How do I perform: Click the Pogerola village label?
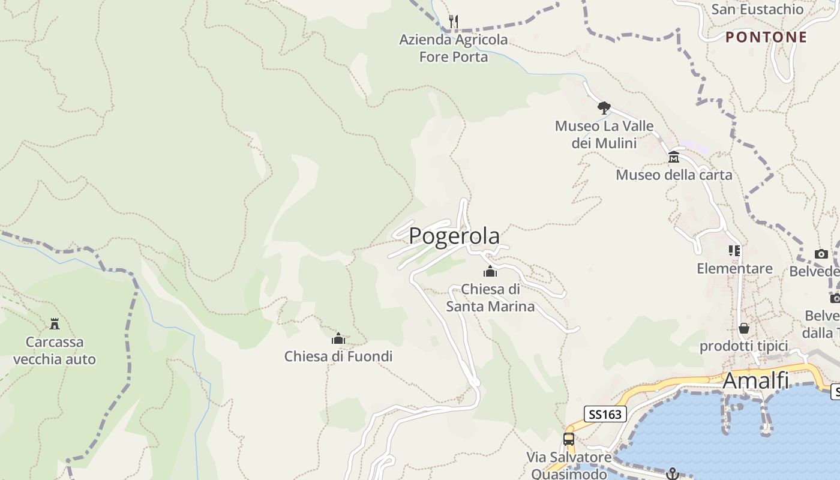454,236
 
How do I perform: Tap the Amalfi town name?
755,380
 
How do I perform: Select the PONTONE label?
766,37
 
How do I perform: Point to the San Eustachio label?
757,9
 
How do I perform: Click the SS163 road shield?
605,414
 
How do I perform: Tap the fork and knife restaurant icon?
454,22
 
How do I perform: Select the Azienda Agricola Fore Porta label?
454,48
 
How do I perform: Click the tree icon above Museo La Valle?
604,108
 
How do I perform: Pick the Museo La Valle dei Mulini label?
604,134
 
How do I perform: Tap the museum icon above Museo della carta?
673,157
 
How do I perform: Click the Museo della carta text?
674,175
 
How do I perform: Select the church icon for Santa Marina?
490,272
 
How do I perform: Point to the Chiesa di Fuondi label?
338,356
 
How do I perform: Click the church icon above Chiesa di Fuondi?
338,339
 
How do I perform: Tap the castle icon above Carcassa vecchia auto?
55,325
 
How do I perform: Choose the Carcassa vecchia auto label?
55,351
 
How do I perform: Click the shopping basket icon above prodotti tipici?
744,329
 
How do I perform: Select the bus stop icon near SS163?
568,439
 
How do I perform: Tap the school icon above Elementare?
734,251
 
